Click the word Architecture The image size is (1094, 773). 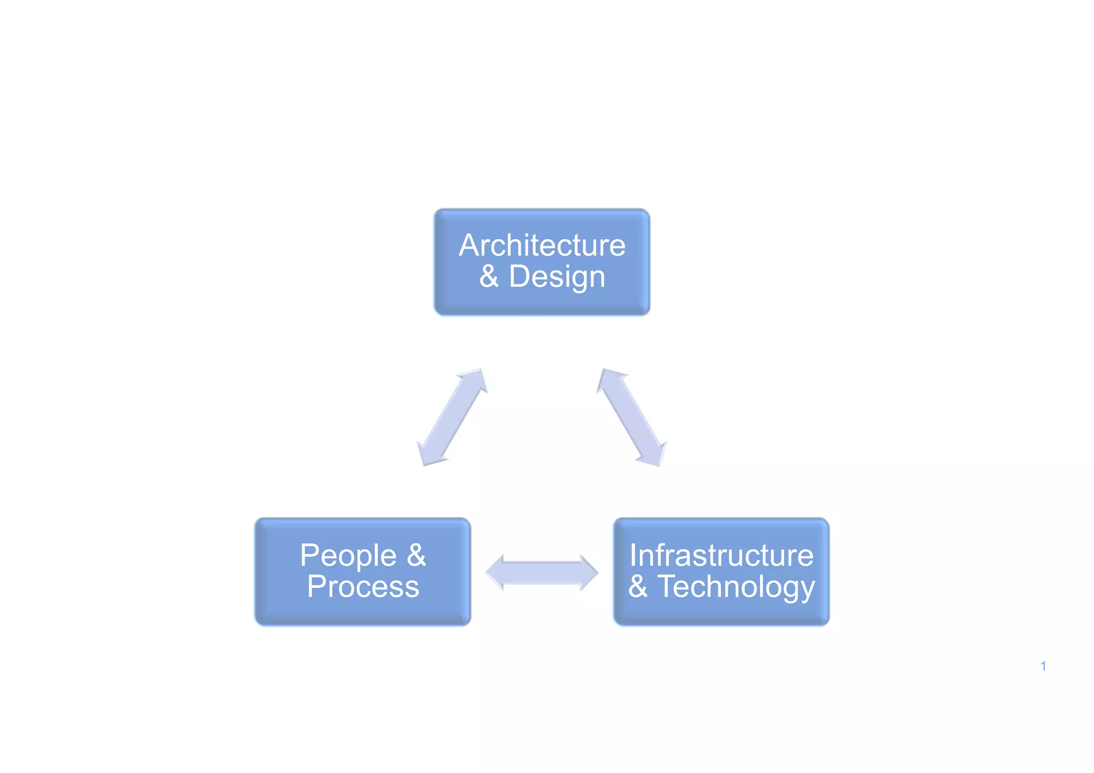pyautogui.click(x=542, y=246)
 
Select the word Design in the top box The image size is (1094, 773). pyautogui.click(x=557, y=278)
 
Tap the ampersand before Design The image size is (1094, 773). pyautogui.click(x=489, y=277)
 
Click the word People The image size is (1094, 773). pyautogui.click(x=348, y=556)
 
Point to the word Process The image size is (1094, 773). pyautogui.click(x=363, y=587)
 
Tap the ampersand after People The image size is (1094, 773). pyautogui.click(x=417, y=555)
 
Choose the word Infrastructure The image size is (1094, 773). pyautogui.click(x=721, y=555)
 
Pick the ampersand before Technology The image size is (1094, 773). pyautogui.click(x=638, y=587)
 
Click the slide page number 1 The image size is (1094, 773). pyautogui.click(x=1043, y=666)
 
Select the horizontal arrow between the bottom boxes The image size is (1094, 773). pyautogui.click(x=542, y=573)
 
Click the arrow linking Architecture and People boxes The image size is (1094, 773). pyautogui.click(x=452, y=417)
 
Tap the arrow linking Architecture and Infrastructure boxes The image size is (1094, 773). pyautogui.click(x=631, y=417)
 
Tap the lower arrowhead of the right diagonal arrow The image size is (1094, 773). pyautogui.click(x=654, y=455)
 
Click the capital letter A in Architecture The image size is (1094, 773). pyautogui.click(x=470, y=246)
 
